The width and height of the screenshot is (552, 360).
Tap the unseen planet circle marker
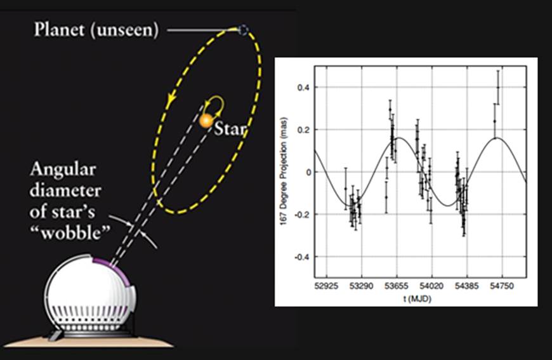(x=242, y=29)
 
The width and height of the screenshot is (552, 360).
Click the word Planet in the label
(x=57, y=29)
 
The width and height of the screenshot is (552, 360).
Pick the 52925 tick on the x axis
(x=325, y=287)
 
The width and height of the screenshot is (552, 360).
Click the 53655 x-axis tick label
(x=397, y=287)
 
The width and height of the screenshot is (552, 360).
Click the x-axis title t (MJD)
(x=419, y=298)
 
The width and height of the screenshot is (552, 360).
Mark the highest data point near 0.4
(x=498, y=88)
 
